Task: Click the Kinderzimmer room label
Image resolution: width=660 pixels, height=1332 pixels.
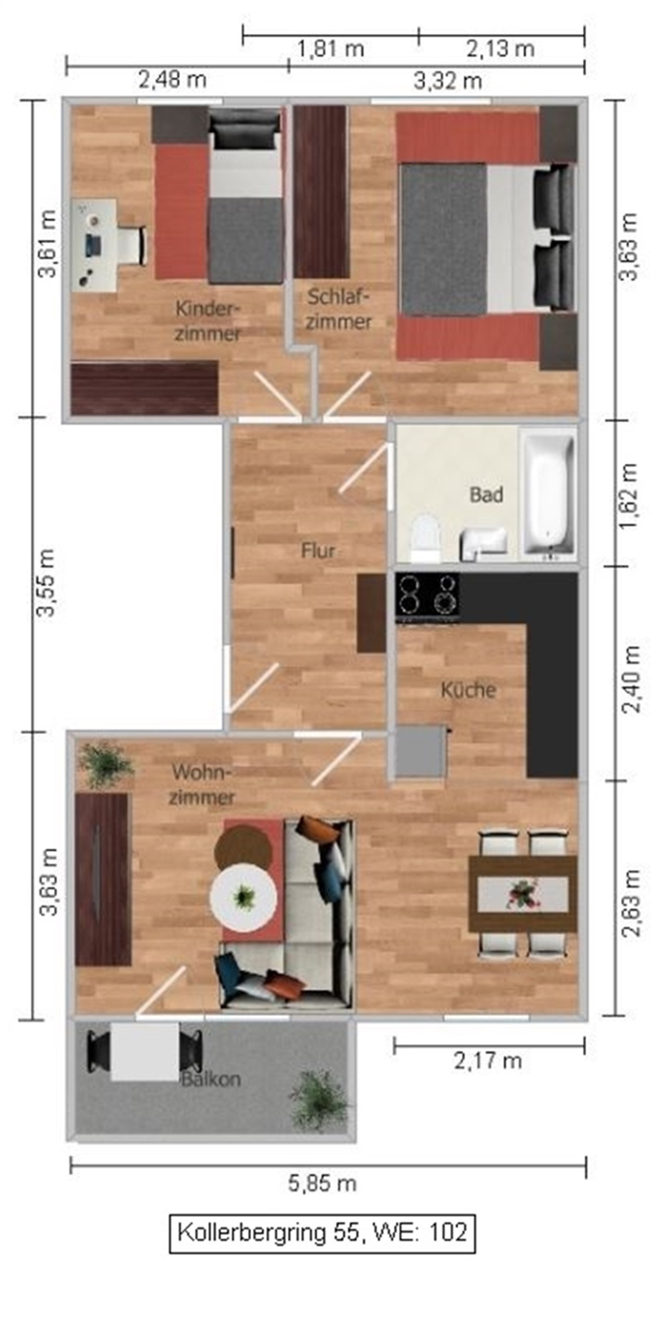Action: point(208,321)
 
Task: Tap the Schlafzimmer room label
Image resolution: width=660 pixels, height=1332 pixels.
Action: point(339,310)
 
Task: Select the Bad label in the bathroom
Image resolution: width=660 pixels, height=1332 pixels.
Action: point(486,494)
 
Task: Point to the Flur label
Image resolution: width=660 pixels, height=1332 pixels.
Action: point(318,550)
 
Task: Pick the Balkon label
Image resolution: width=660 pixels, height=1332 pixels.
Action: point(211,1079)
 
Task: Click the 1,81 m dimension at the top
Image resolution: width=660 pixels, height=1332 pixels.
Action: point(331,49)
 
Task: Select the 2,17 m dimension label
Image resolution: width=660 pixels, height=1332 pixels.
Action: point(488,1061)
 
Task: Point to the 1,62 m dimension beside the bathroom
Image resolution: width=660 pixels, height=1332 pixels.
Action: point(629,495)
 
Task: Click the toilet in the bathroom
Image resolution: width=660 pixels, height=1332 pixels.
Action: point(425,538)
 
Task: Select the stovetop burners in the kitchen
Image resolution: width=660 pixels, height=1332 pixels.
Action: point(428,594)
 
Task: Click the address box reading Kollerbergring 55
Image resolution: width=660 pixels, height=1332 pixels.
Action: point(322,1233)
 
